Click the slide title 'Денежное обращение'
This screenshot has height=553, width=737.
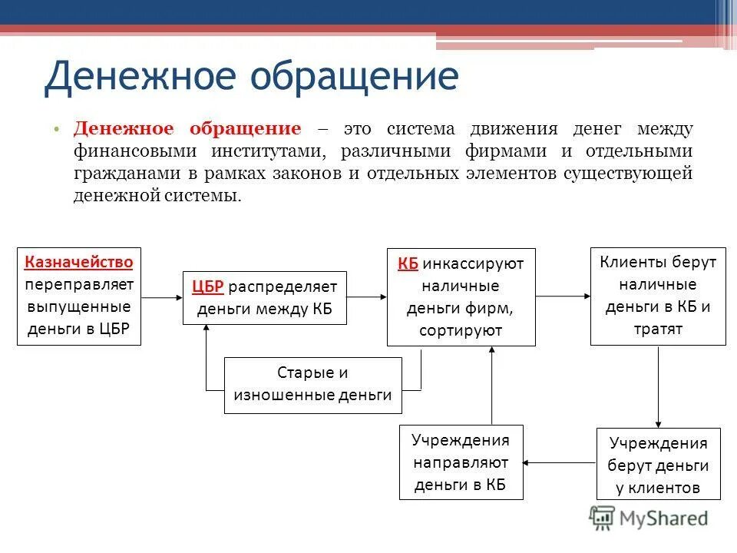(251, 77)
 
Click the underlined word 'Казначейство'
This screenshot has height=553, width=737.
(79, 261)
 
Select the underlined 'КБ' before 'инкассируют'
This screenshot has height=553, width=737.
(408, 263)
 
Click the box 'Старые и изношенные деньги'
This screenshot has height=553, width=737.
(312, 385)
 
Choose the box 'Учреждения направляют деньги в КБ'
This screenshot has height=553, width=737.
(461, 462)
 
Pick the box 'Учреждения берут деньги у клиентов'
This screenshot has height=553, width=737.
(658, 465)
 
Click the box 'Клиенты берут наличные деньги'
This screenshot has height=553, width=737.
(657, 296)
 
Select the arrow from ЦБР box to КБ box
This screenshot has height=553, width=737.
(367, 296)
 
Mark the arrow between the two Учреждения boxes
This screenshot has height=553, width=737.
(560, 462)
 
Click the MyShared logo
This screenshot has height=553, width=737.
(649, 518)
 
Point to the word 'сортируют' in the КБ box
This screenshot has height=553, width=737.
(461, 330)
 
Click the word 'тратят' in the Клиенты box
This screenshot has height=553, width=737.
(657, 329)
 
